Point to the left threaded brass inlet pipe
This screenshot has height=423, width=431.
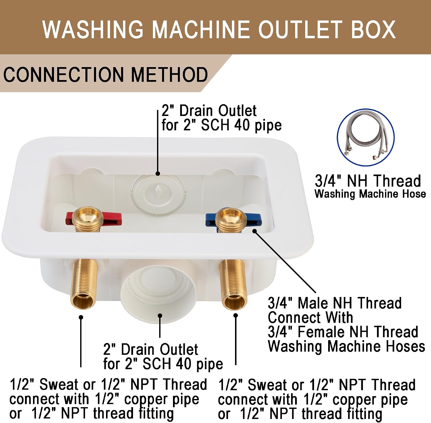[x=84, y=283]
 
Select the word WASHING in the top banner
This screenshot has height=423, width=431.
[x=93, y=29]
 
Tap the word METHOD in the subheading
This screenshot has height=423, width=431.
[x=170, y=75]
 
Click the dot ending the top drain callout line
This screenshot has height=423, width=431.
[x=158, y=174]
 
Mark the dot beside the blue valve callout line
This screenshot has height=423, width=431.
[x=255, y=231]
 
